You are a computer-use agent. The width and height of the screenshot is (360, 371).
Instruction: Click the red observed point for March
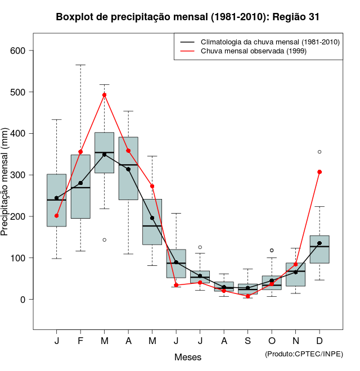(x=105, y=95)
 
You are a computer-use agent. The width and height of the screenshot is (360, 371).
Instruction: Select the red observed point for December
(x=319, y=172)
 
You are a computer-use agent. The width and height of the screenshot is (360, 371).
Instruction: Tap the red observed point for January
(x=57, y=216)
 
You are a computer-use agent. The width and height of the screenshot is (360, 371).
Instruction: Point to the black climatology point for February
(x=80, y=183)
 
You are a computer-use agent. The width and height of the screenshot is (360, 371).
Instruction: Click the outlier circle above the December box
(x=319, y=152)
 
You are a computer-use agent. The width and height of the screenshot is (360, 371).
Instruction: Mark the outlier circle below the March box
(x=105, y=240)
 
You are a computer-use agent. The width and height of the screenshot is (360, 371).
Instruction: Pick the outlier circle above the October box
(x=272, y=250)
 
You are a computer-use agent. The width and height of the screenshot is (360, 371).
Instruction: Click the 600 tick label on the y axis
(x=19, y=51)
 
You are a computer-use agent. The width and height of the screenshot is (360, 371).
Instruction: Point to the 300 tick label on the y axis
(x=19, y=175)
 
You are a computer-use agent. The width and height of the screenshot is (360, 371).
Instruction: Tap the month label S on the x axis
(x=247, y=341)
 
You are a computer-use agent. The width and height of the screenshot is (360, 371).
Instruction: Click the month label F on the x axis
(x=80, y=341)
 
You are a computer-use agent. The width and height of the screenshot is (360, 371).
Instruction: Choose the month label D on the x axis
(x=319, y=341)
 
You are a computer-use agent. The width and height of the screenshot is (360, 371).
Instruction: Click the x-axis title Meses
(x=188, y=357)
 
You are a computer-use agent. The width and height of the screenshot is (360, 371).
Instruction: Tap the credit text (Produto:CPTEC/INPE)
(x=304, y=354)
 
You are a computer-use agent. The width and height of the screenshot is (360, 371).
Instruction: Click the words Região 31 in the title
(x=296, y=17)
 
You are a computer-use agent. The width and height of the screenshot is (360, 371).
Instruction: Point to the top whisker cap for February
(x=80, y=65)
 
